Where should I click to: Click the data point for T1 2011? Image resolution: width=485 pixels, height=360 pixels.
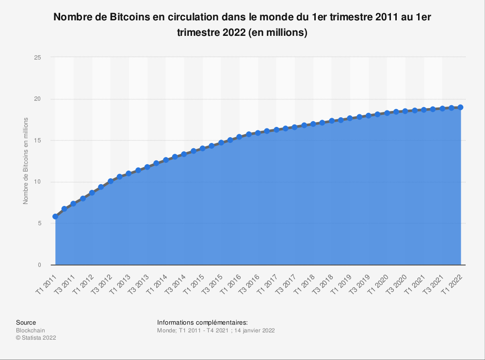(55, 217)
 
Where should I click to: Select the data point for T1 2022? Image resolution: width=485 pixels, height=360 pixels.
(461, 107)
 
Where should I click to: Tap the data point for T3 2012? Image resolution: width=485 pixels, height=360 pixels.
(111, 181)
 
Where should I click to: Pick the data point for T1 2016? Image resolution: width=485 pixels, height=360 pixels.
(240, 137)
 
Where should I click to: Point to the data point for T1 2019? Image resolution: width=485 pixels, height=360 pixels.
(350, 118)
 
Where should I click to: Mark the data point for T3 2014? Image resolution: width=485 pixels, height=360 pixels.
(184, 154)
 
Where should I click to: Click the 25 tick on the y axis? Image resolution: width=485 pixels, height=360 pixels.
(38, 58)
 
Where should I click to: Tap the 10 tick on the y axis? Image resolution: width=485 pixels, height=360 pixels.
(38, 182)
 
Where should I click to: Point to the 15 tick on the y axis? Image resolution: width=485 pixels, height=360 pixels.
(38, 141)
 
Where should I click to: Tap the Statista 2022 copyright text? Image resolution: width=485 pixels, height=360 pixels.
(36, 338)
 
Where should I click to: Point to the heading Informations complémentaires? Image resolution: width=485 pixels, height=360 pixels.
(202, 322)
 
